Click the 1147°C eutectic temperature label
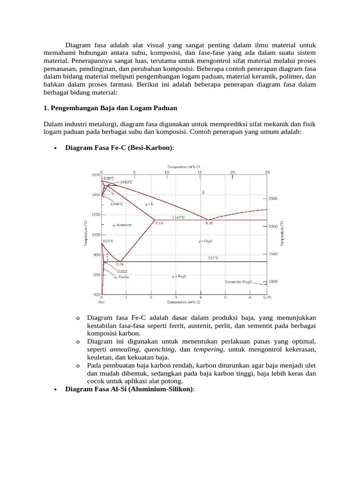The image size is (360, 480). pyautogui.click(x=179, y=217)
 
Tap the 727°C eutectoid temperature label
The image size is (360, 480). pyautogui.click(x=213, y=258)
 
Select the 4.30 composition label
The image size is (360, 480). pyautogui.click(x=209, y=223)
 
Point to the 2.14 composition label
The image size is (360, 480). pyautogui.click(x=159, y=223)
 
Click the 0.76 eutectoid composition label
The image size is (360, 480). pyautogui.click(x=120, y=264)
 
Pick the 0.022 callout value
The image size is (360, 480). pyautogui.click(x=121, y=271)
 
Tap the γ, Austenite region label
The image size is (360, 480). pyautogui.click(x=122, y=225)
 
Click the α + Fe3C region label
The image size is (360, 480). pyautogui.click(x=180, y=277)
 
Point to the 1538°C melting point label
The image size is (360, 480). pyautogui.click(x=108, y=178)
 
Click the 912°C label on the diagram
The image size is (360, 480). pyautogui.click(x=108, y=240)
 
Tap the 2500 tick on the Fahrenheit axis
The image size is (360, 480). pyautogui.click(x=273, y=199)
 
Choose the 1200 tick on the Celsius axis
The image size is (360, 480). pyautogui.click(x=96, y=215)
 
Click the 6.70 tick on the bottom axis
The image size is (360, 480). pyautogui.click(x=267, y=297)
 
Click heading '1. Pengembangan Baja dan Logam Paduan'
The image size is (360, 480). pyautogui.click(x=110, y=108)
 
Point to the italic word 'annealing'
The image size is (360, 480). pyautogui.click(x=125, y=350)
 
